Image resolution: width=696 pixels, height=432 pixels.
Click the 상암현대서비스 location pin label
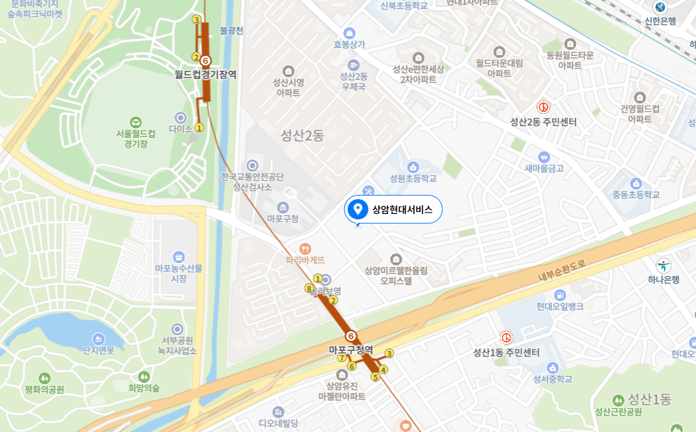(401, 210)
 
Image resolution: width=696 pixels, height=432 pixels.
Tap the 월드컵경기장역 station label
(205, 74)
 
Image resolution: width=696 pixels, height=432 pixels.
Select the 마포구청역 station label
(351, 350)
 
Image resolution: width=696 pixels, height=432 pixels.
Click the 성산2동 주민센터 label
(544, 122)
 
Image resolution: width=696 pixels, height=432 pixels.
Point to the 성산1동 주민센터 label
(506, 352)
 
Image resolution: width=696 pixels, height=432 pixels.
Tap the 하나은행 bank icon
(662, 265)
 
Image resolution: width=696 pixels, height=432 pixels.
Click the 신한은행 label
(660, 20)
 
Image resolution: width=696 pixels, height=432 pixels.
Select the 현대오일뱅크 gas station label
(559, 307)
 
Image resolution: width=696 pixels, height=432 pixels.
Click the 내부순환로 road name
(562, 271)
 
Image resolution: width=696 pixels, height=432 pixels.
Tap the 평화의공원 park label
(44, 389)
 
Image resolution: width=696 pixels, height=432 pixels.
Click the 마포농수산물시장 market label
(178, 273)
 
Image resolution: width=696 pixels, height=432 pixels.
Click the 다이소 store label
(180, 128)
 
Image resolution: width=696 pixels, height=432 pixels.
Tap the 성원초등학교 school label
(412, 179)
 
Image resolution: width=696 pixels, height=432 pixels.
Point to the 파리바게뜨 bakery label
(305, 260)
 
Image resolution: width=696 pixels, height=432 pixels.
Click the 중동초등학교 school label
(635, 194)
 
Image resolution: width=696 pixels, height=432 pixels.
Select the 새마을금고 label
(544, 168)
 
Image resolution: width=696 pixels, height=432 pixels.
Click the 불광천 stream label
(231, 31)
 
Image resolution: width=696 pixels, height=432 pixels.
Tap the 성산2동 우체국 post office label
(353, 81)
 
